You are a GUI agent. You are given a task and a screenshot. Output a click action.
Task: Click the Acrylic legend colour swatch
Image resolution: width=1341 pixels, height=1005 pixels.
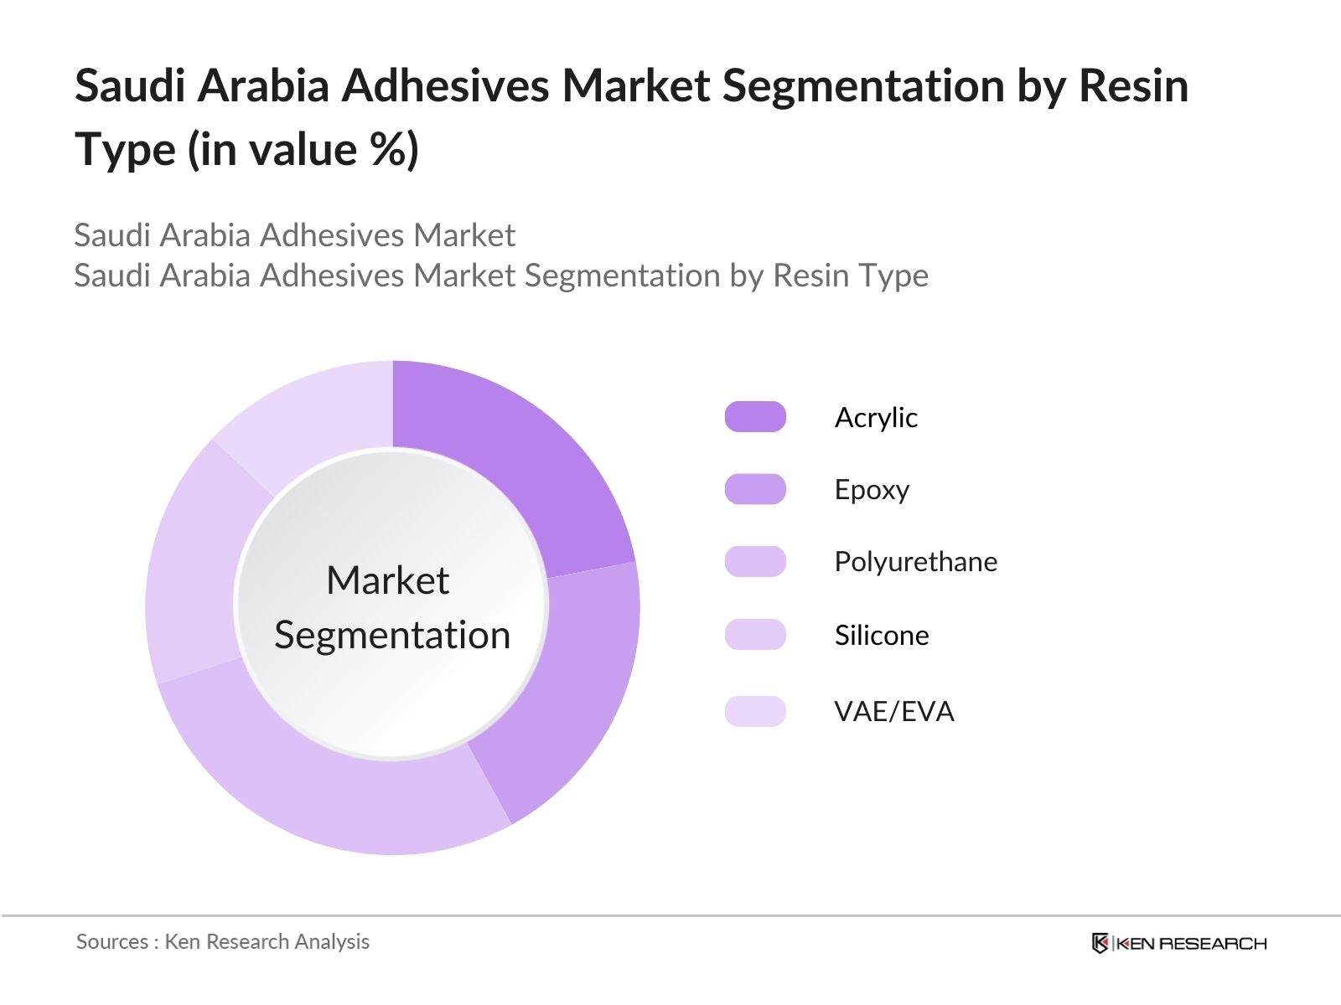[x=755, y=417]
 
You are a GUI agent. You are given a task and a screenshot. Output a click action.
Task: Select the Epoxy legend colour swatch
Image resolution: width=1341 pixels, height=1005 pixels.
[x=755, y=489]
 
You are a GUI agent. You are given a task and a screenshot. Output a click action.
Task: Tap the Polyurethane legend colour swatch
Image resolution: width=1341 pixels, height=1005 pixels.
[x=755, y=561]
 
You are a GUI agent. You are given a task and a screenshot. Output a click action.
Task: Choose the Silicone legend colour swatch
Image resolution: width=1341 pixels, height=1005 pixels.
[x=755, y=635]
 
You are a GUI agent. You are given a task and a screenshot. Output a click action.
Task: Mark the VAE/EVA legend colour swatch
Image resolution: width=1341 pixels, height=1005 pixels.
[x=755, y=711]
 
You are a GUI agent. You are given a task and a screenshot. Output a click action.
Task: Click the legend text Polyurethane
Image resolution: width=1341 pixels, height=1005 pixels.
[x=915, y=561]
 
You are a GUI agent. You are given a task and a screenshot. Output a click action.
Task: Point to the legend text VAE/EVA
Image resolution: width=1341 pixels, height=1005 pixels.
[x=894, y=711]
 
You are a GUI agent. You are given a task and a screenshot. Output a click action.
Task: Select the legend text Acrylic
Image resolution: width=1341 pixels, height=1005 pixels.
[x=876, y=417]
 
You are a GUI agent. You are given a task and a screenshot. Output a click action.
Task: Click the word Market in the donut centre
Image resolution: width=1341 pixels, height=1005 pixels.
[x=387, y=580]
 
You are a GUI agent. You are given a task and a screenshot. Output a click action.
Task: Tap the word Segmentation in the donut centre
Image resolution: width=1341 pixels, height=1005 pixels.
[x=392, y=635]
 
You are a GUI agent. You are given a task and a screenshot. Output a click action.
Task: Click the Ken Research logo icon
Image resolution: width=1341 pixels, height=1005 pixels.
[x=1100, y=943]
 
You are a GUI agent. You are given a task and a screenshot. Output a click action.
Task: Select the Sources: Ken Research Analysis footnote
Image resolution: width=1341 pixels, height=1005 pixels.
[x=223, y=941]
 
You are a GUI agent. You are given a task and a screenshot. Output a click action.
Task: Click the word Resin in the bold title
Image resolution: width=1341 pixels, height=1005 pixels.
[x=1133, y=85]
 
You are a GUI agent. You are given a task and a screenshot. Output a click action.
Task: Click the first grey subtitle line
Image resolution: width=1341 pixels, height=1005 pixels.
[x=294, y=235]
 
